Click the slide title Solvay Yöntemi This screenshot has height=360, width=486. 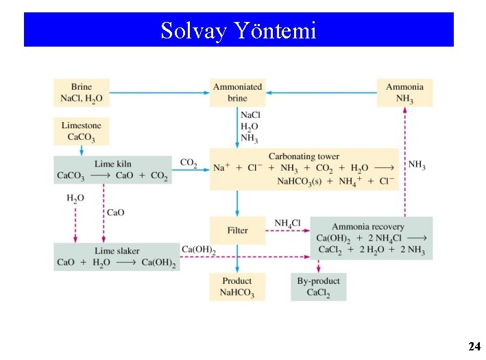[x=239, y=30]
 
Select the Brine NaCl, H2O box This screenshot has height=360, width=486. [x=82, y=93]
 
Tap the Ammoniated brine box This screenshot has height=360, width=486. [x=237, y=93]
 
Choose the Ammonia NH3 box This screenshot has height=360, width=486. [x=404, y=93]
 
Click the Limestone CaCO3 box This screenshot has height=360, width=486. [x=81, y=131]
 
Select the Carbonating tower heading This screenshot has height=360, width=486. [x=304, y=156]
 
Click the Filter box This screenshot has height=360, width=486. [x=237, y=230]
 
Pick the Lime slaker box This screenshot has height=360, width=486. [x=117, y=256]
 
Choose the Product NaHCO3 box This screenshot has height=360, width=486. [x=237, y=287]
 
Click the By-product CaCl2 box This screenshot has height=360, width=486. [x=319, y=287]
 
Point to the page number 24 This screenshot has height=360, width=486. [x=474, y=347]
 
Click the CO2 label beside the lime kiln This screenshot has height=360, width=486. [x=189, y=163]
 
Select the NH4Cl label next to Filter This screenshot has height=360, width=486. [x=288, y=224]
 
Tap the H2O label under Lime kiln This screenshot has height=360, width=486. [x=75, y=198]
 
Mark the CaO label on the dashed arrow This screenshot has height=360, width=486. [x=115, y=213]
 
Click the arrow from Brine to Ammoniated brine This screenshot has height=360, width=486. [x=160, y=91]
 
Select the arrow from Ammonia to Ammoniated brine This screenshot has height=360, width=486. [x=321, y=91]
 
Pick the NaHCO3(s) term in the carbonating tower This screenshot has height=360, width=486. [x=303, y=181]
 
